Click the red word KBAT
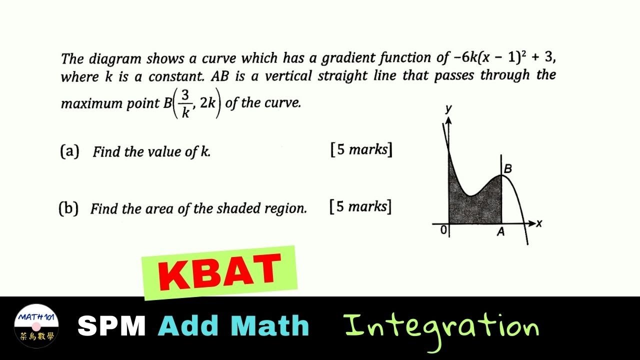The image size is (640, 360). coord(219,273)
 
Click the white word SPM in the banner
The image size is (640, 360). coord(111,326)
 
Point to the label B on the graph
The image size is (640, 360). coord(507,169)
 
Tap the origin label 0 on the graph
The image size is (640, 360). coord(443,230)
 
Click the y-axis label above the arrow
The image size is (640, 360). coord(448,109)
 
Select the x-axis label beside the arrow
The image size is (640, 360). coord(538,223)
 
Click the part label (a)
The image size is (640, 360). coord(69,151)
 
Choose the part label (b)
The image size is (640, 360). coord(68,208)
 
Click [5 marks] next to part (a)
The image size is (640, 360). coord(361,149)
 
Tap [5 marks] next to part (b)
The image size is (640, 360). coord(360,206)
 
